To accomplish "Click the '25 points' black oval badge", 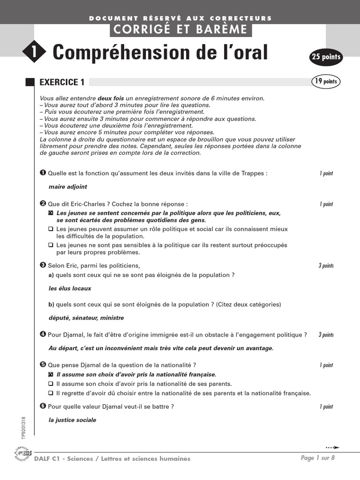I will click(x=326, y=58).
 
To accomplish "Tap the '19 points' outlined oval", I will click(x=325, y=82).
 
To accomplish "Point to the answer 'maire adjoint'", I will click(x=67, y=187).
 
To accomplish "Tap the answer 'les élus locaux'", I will click(x=70, y=288).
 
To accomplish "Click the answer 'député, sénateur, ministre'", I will click(x=86, y=318).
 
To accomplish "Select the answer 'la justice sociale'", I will click(x=72, y=420).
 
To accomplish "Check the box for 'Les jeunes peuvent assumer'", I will click(x=51, y=229).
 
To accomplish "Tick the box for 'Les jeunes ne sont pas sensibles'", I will click(x=51, y=245).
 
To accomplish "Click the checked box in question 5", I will click(x=51, y=375).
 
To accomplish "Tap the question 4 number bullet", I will click(x=43, y=334).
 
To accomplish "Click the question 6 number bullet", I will click(x=43, y=406).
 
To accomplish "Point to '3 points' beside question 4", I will click(x=326, y=335).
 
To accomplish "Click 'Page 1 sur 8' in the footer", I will click(x=318, y=458).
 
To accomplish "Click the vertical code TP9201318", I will click(x=23, y=427).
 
